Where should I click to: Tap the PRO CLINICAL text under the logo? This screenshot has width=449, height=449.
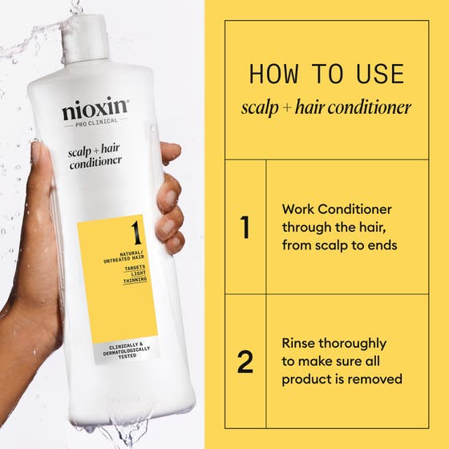pyautogui.click(x=95, y=123)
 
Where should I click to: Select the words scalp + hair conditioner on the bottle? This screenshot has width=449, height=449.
pyautogui.click(x=95, y=153)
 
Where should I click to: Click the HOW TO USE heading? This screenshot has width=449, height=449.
pyautogui.click(x=326, y=75)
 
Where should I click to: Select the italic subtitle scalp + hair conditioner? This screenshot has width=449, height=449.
pyautogui.click(x=326, y=107)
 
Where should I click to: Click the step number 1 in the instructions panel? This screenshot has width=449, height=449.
pyautogui.click(x=245, y=227)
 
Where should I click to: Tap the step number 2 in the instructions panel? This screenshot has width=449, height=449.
pyautogui.click(x=245, y=362)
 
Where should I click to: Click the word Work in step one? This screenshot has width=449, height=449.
pyautogui.click(x=297, y=209)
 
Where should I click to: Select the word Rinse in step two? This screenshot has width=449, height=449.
pyautogui.click(x=300, y=343)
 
